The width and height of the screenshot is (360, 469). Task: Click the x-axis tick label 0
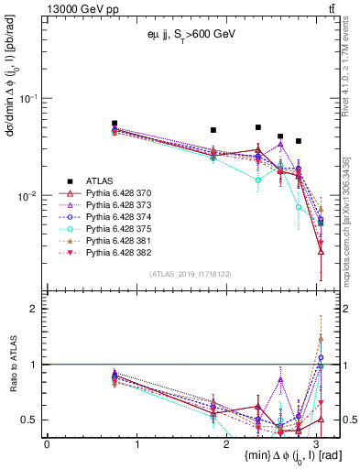tap(47, 443)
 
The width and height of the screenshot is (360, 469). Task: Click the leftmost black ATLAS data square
tap(115, 123)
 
